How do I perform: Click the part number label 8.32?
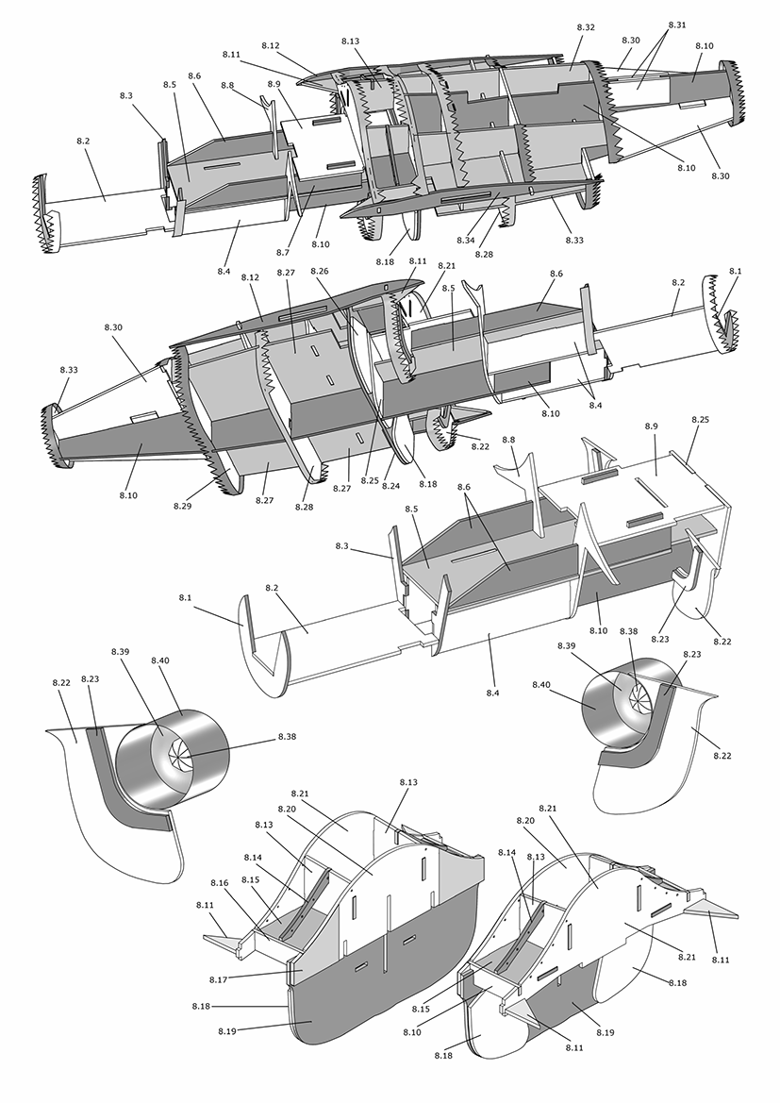(585, 28)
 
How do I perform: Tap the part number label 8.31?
(677, 24)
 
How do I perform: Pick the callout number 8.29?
(182, 506)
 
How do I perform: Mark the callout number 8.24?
(390, 486)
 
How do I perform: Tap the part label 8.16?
(219, 883)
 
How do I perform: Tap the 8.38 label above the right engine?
(628, 631)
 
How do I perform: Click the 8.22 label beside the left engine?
(61, 682)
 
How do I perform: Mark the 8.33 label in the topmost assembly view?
(574, 242)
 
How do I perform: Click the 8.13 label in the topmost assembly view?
(350, 42)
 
